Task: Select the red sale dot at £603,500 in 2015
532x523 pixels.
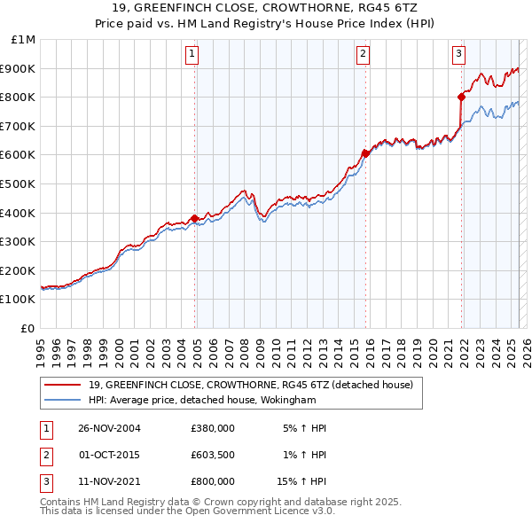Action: click(x=365, y=152)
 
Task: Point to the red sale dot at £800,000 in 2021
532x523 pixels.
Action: click(x=461, y=97)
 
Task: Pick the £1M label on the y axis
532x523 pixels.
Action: click(x=24, y=40)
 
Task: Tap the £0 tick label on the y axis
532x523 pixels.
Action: click(x=28, y=328)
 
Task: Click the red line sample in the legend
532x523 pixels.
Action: click(x=62, y=385)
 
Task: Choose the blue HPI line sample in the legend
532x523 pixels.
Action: click(x=62, y=400)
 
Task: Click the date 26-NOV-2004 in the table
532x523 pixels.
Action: click(x=110, y=428)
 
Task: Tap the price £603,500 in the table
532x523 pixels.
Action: click(x=213, y=455)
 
